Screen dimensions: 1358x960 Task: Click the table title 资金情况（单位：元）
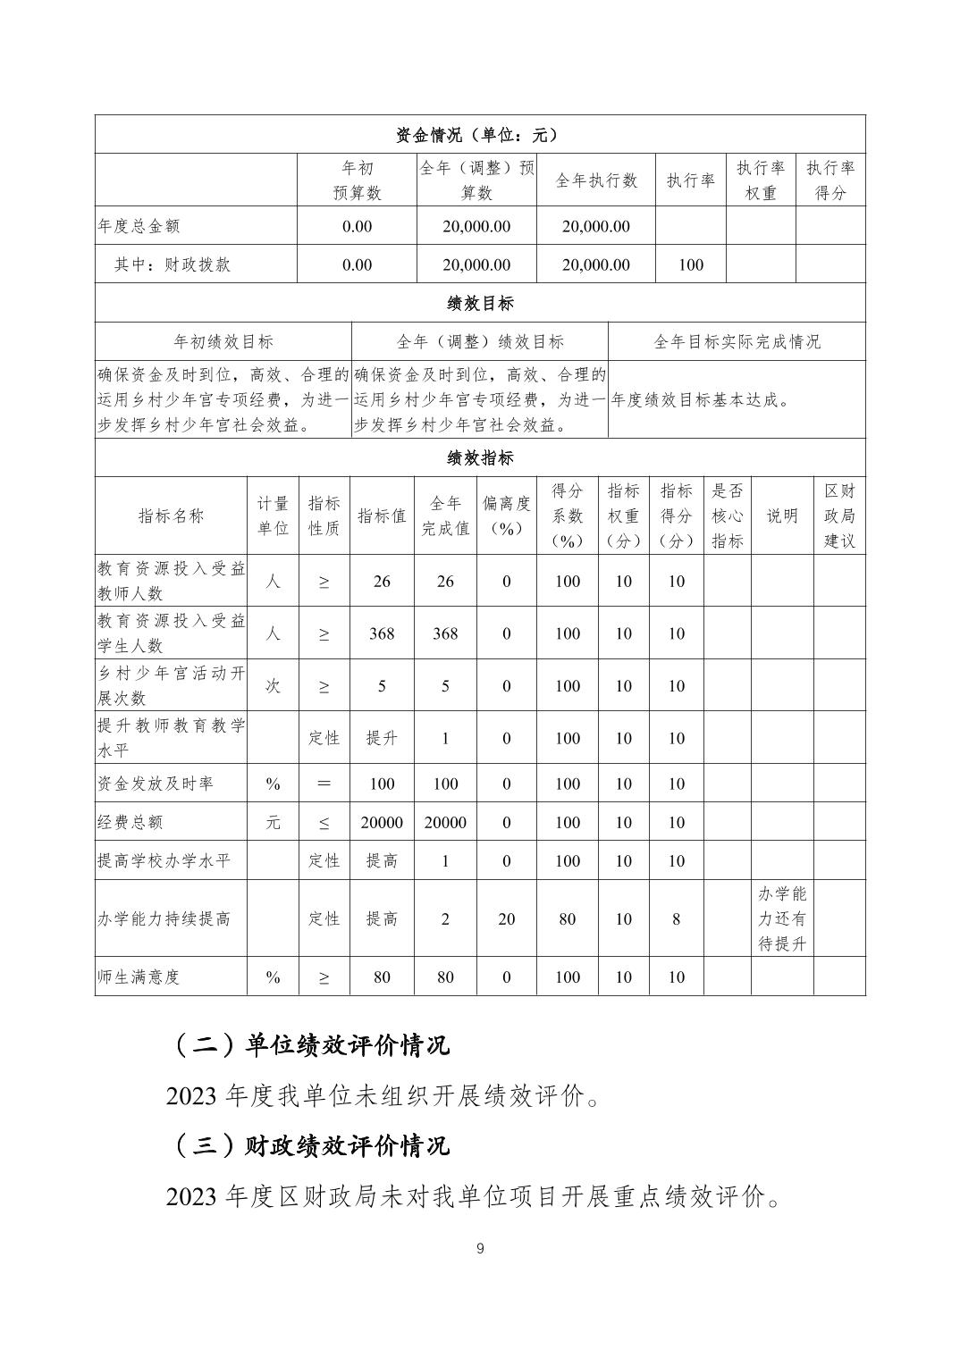tap(480, 135)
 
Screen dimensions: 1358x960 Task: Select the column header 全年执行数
tap(596, 180)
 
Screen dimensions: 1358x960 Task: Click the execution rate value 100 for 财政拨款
tap(691, 264)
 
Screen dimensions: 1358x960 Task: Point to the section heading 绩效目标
tap(480, 303)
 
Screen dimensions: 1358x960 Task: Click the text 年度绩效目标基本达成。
tap(702, 400)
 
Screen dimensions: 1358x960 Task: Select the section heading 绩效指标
tap(480, 458)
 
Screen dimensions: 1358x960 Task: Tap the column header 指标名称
tap(171, 516)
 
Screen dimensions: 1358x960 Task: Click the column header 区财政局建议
tap(839, 516)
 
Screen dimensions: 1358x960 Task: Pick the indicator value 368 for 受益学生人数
tap(382, 633)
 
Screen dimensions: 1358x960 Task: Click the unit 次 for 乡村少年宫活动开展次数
tap(273, 685)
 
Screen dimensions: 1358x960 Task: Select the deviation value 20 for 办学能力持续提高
tap(507, 918)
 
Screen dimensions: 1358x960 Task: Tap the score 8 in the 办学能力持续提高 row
tap(677, 918)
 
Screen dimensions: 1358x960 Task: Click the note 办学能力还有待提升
tap(782, 918)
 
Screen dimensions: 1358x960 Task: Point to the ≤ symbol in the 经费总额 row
tap(324, 823)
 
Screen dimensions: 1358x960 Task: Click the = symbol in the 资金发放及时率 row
tap(324, 784)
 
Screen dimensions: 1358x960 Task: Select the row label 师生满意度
tap(139, 977)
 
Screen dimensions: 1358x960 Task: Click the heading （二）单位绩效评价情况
tap(309, 1044)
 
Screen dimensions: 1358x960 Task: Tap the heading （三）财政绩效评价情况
tap(309, 1145)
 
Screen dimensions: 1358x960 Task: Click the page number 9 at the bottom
tap(480, 1249)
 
